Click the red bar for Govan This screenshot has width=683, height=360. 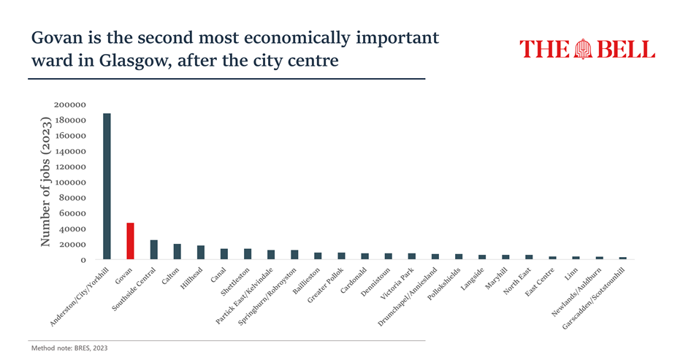pos(130,241)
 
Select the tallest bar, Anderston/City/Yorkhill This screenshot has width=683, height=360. pos(107,186)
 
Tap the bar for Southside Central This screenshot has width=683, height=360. pos(153,250)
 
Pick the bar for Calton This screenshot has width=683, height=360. pos(177,251)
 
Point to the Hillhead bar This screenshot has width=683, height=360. pos(200,252)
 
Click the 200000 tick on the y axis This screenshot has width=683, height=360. pos(72,105)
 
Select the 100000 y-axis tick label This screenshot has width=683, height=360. pos(72,183)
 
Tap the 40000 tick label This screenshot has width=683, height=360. pos(75,229)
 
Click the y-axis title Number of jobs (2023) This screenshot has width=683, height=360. pos(46,182)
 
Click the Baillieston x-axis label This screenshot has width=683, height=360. pos(305,282)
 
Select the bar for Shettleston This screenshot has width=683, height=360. pos(247,253)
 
